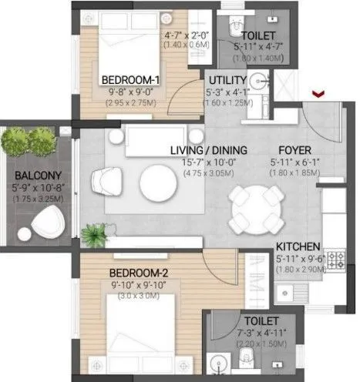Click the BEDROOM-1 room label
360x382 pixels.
(131, 79)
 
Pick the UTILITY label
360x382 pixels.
(227, 79)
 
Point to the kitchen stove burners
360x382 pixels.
(335, 261)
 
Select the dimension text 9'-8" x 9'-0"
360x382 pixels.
(131, 90)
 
